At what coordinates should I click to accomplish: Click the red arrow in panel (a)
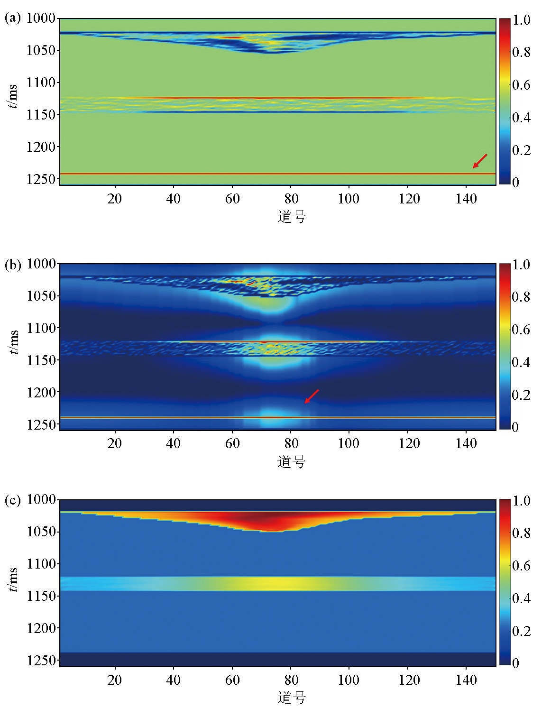point(479,161)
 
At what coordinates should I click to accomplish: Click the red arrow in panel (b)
point(312,396)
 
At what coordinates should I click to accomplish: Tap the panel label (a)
point(13,18)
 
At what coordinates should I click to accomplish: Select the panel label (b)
point(13,264)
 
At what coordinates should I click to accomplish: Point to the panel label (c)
point(13,500)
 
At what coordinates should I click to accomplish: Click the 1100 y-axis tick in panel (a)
point(41,83)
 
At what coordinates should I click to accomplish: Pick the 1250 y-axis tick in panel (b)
point(41,424)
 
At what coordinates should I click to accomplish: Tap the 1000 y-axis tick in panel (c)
point(41,499)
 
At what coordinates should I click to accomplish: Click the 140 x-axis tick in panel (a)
point(466,199)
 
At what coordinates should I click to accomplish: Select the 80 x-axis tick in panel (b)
point(291,443)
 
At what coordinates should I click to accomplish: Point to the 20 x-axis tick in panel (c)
point(114,680)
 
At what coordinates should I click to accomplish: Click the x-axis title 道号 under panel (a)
point(292,217)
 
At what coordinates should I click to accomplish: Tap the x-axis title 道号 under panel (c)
point(292,698)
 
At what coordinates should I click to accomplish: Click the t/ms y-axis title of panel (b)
point(13,342)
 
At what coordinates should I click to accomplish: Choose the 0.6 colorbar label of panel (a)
point(521,85)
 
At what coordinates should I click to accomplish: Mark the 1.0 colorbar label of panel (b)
point(521,265)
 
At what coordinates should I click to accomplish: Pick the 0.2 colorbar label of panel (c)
point(521,631)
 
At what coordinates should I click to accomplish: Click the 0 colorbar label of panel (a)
point(516,182)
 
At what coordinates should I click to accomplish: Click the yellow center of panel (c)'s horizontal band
point(277,583)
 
